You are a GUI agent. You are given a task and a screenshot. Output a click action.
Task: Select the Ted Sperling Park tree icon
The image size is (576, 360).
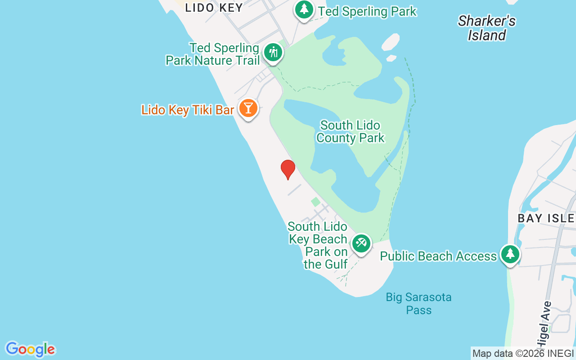(x=304, y=9)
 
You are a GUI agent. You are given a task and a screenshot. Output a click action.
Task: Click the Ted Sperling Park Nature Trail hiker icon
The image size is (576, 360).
(x=273, y=53)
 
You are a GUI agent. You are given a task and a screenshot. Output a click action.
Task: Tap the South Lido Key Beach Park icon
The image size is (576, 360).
(x=361, y=243)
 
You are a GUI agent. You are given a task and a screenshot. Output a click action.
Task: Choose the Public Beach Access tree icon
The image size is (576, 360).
(x=510, y=254)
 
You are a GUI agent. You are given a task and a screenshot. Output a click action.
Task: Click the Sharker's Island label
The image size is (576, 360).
(x=486, y=28)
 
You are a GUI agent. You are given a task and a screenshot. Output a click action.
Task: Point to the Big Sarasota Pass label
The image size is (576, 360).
(x=418, y=303)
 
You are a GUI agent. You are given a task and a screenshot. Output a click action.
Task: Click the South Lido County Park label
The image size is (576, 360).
(x=350, y=131)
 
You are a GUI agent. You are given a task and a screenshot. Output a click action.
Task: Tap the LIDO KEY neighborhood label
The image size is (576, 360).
(x=214, y=7)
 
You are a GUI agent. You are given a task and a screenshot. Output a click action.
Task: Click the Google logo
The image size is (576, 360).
(x=30, y=349)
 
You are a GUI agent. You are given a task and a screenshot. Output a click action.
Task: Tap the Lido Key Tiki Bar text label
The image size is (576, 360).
(x=188, y=110)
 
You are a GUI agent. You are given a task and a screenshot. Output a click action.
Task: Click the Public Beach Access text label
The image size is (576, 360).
(x=438, y=256)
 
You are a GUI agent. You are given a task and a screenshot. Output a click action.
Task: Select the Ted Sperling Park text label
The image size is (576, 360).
(x=367, y=11)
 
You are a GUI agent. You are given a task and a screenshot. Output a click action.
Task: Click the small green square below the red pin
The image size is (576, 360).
(x=316, y=202)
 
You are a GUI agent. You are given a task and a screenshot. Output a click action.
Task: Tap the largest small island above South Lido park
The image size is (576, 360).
(x=390, y=42)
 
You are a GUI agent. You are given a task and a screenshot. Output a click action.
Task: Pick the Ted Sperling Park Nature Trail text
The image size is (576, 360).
(x=212, y=54)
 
